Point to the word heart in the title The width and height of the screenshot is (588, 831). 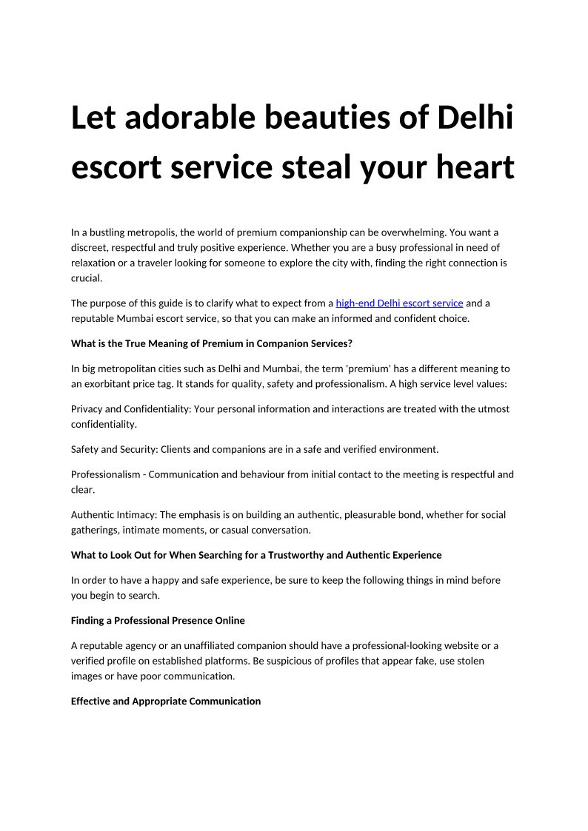472,168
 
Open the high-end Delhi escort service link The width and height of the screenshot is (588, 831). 399,303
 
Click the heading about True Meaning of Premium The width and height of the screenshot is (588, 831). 211,343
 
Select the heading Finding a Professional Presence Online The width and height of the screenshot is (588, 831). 158,620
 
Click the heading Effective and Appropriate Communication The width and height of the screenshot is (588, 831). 166,701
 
